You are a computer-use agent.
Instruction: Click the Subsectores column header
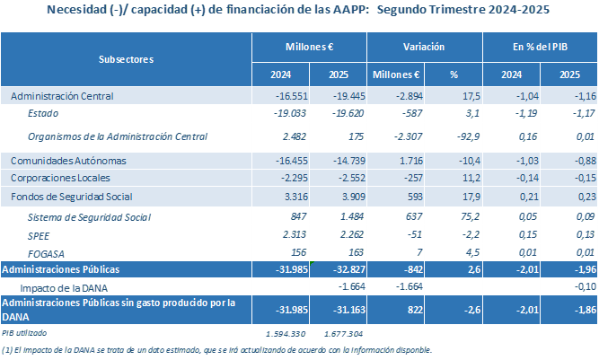tap(125, 58)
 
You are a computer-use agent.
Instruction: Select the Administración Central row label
tap(61, 94)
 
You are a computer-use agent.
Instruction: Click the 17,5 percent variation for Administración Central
tap(449, 94)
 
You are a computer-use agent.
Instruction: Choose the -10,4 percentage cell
tap(448, 160)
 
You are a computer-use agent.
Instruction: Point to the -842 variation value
tap(399, 268)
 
